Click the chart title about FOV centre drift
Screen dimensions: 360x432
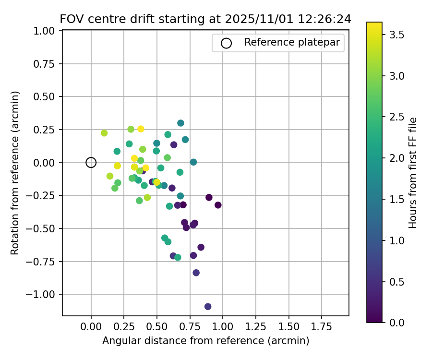[205, 19]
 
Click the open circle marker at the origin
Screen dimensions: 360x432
[91, 163]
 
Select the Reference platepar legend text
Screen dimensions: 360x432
[292, 42]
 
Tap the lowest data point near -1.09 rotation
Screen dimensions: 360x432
[208, 307]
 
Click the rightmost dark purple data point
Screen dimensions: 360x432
[218, 205]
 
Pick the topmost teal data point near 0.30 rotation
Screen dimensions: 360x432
[180, 123]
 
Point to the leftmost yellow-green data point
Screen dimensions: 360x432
[104, 133]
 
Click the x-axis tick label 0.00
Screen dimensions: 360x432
[91, 327]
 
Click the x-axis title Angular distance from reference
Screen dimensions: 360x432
[205, 341]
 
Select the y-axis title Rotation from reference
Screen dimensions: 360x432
[15, 173]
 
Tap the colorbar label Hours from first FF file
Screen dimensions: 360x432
[413, 173]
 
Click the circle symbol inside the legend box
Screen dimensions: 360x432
[226, 43]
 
